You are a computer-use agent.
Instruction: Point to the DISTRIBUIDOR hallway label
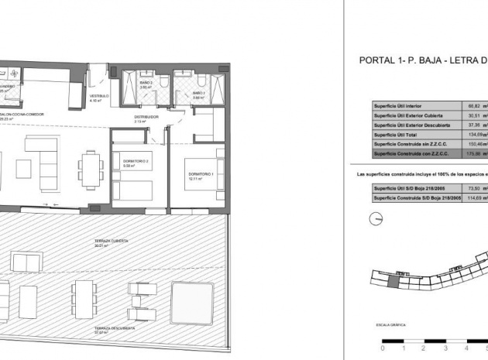pos(146,117)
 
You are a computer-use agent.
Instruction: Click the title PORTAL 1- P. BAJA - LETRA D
pos(421,60)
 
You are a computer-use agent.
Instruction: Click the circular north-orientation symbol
pos(376,219)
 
